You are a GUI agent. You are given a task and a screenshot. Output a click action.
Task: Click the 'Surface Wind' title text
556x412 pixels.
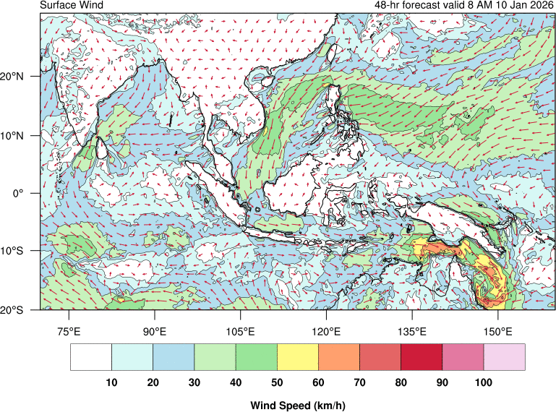(x=72, y=6)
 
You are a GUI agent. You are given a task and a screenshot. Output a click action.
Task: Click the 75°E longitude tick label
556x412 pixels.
(x=69, y=332)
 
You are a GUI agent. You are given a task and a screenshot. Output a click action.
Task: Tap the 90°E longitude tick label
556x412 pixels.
(x=155, y=332)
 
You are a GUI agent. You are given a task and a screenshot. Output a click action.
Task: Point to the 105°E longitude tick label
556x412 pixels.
(x=240, y=332)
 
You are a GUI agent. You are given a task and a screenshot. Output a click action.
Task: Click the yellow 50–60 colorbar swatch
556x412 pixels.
(x=298, y=356)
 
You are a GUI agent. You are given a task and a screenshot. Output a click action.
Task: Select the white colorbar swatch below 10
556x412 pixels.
(x=91, y=356)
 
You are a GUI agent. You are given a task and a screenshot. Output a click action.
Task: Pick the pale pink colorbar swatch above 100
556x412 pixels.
(x=505, y=356)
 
